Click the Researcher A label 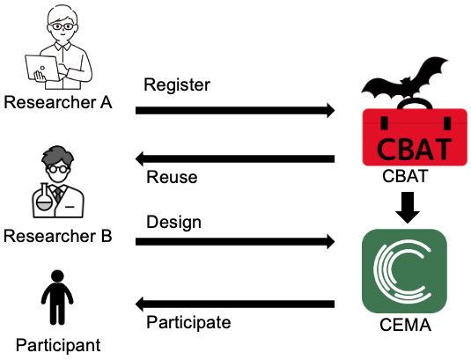pos(58,102)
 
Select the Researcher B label pos(58,236)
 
